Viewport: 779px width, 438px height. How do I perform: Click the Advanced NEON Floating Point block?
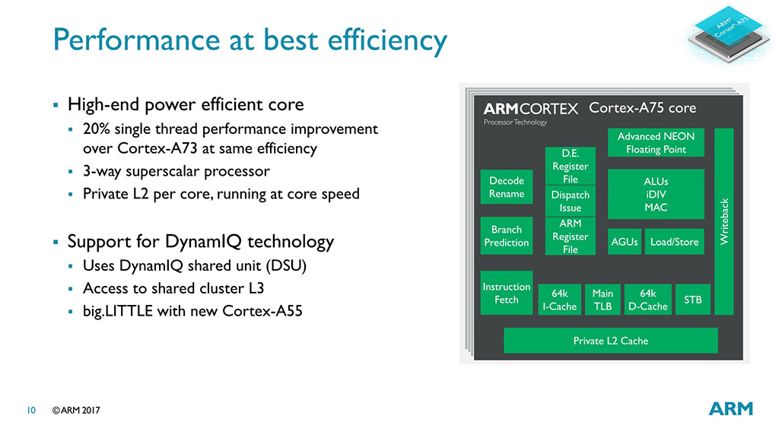[x=656, y=143]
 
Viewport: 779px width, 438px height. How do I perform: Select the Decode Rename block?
[x=507, y=188]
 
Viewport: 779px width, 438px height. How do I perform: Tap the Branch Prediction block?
[x=507, y=236]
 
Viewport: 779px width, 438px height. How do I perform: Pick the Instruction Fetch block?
[x=507, y=293]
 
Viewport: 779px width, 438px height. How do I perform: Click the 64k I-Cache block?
[x=559, y=300]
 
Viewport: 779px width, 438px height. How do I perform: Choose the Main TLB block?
[x=603, y=300]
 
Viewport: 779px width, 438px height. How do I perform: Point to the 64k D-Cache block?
[x=647, y=300]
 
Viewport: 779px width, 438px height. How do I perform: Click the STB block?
[x=692, y=300]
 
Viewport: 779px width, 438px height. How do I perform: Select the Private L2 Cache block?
[x=610, y=341]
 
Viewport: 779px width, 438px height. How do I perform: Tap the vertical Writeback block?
[x=724, y=221]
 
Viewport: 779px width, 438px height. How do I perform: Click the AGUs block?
[x=625, y=242]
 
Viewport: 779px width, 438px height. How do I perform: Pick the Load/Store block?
[x=674, y=242]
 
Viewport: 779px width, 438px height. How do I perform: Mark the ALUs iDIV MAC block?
[x=656, y=194]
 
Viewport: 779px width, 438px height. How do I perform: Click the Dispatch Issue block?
[x=570, y=202]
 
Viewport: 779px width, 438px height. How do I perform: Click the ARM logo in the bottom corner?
[x=730, y=408]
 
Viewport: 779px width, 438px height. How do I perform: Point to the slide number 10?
[x=32, y=411]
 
